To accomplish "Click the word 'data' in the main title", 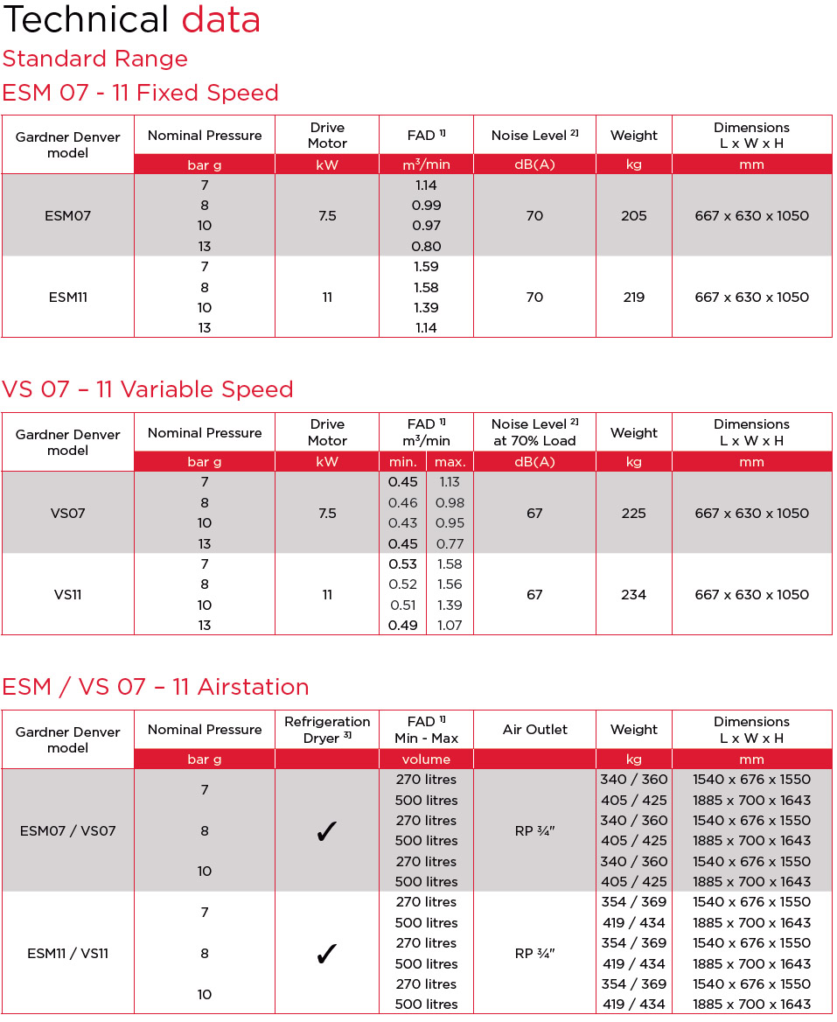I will point(220,20).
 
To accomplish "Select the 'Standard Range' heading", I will point(94,59).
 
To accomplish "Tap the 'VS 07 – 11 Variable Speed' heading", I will point(148,389).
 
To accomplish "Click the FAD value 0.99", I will point(426,206).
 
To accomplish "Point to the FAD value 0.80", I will point(426,247).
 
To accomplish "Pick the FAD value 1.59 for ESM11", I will point(426,267).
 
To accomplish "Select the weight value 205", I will point(633,215).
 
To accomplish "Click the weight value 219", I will point(633,297).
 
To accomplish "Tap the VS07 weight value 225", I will point(633,513).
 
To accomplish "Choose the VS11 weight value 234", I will point(633,595).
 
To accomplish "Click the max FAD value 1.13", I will point(450,482).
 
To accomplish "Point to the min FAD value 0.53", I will point(402,564).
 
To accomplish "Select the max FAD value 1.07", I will point(450,626).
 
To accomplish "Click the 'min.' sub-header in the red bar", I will point(402,462).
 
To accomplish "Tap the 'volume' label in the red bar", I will point(426,759).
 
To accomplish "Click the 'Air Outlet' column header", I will point(534,730).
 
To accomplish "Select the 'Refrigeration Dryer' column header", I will point(327,730).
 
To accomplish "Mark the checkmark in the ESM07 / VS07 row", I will point(326,832).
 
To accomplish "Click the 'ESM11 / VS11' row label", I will point(67,954).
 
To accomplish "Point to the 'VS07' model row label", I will point(67,513).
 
